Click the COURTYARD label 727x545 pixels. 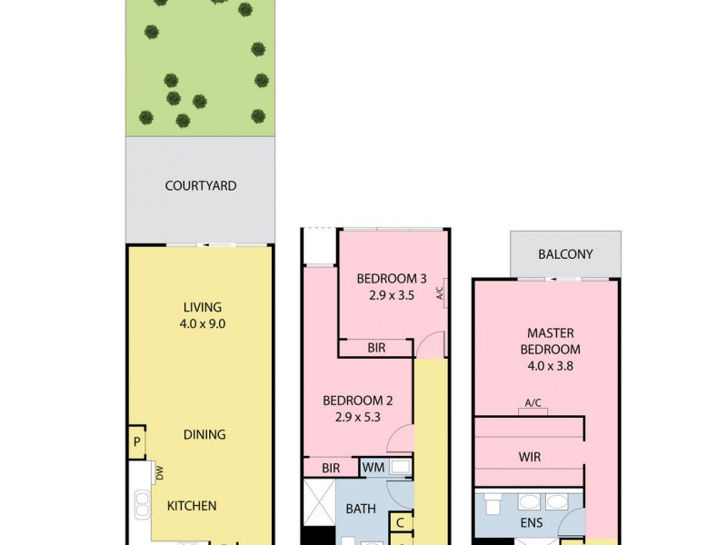(201, 186)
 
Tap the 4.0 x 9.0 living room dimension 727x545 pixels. (201, 322)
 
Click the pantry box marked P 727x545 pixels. (136, 442)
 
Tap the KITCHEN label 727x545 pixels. (191, 505)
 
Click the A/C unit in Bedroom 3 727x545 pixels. (440, 292)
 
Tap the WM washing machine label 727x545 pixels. (373, 468)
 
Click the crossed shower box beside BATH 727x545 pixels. (318, 501)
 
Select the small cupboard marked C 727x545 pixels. (401, 522)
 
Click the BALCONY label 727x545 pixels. (566, 254)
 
